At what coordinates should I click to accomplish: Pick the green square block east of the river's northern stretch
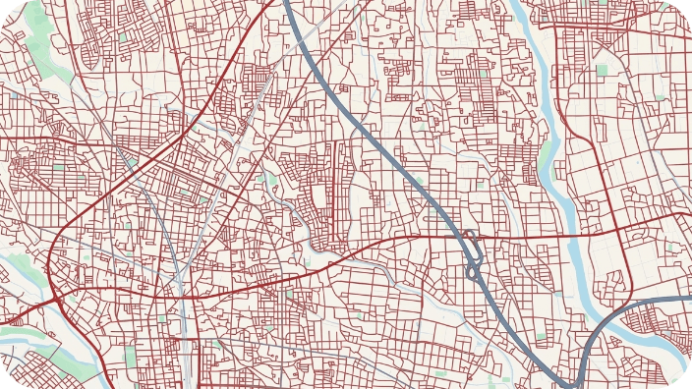[x=602, y=70]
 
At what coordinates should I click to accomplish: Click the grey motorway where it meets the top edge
[x=285, y=3]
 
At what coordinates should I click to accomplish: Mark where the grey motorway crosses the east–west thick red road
[x=459, y=237]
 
